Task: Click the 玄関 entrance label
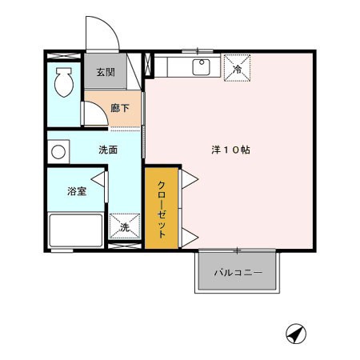[106, 72]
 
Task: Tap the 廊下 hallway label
[120, 108]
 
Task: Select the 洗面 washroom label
[108, 150]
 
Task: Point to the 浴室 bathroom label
[77, 191]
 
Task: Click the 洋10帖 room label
[230, 150]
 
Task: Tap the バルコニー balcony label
[238, 273]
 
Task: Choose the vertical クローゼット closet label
[162, 210]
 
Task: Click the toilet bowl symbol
[64, 82]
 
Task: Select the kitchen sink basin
[202, 67]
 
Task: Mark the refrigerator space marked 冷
[237, 68]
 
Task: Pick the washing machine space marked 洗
[125, 226]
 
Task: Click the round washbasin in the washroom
[58, 152]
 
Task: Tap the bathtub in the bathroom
[76, 230]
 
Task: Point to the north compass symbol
[296, 334]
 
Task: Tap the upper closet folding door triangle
[190, 179]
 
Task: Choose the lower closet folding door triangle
[190, 237]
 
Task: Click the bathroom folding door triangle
[98, 179]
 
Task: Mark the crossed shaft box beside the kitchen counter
[147, 65]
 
